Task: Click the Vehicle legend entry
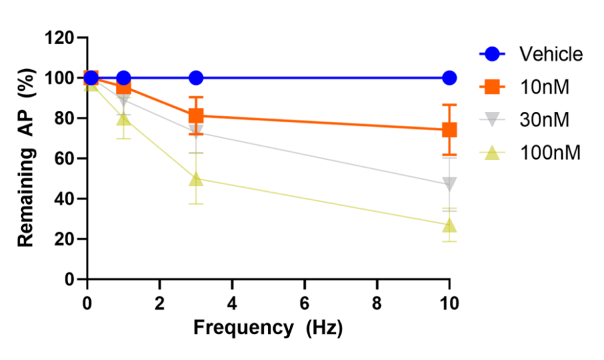[x=551, y=54]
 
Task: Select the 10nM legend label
[x=545, y=87]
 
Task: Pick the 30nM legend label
[x=545, y=120]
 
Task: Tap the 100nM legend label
[x=550, y=152]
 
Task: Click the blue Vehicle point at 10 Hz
[x=449, y=77]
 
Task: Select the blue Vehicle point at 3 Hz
[x=196, y=77]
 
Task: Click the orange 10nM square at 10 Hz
[x=449, y=129]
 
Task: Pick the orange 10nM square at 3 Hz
[x=196, y=116]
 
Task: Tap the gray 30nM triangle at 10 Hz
[x=449, y=184]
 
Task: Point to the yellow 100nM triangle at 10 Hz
[x=449, y=226]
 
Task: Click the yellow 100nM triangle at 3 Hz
[x=196, y=179]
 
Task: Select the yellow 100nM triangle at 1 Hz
[x=123, y=119]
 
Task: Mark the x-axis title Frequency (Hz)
[x=268, y=328]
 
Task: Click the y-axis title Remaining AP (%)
[x=25, y=159]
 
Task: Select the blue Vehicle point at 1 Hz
[x=123, y=77]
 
